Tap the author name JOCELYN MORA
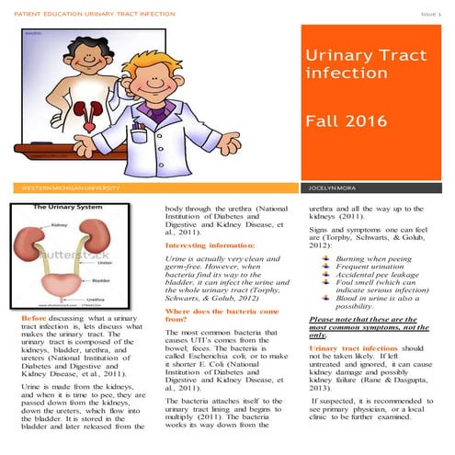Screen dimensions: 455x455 coord(334,188)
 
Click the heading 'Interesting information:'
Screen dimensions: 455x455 coord(210,245)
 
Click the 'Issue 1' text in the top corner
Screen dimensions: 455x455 coord(431,15)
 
